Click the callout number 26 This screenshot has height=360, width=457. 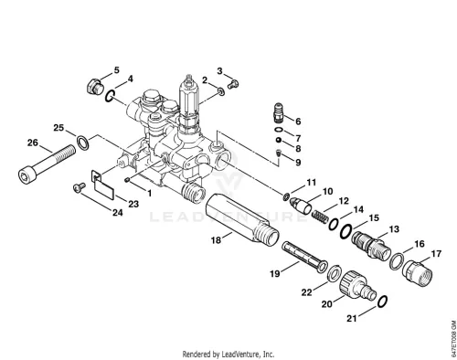pyautogui.click(x=33, y=143)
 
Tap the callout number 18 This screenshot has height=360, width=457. pyautogui.click(x=216, y=240)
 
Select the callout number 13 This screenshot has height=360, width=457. pyautogui.click(x=394, y=228)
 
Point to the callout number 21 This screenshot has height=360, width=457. pyautogui.click(x=352, y=318)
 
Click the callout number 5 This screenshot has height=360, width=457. pyautogui.click(x=117, y=70)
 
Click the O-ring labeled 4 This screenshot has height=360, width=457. pyautogui.click(x=110, y=96)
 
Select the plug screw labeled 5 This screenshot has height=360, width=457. pyautogui.click(x=93, y=87)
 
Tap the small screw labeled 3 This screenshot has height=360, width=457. pyautogui.click(x=233, y=84)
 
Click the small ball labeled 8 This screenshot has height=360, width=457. pyautogui.click(x=279, y=140)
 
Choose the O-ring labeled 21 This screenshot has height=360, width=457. pyautogui.click(x=383, y=302)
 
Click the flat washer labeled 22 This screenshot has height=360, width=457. pyautogui.click(x=335, y=273)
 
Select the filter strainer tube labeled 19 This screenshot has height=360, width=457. pyautogui.click(x=304, y=257)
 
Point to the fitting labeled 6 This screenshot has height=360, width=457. pyautogui.click(x=279, y=112)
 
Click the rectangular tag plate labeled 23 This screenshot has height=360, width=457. pyautogui.click(x=103, y=185)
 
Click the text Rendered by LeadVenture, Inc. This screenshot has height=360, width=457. pyautogui.click(x=228, y=355)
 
